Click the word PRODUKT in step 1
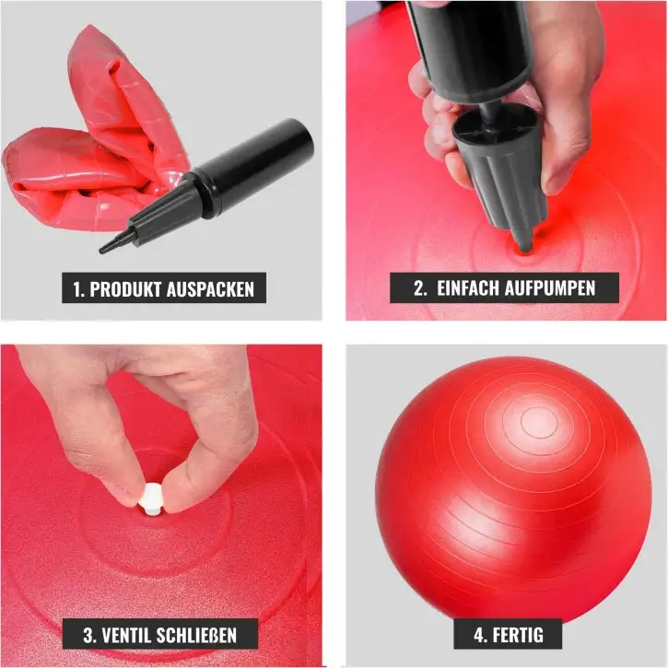point(126,289)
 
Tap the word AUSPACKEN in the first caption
point(210,289)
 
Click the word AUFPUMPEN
point(549,288)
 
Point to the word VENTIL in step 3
point(126,636)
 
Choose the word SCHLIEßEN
point(196,636)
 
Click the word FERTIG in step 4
point(518,635)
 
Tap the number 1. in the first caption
point(79,289)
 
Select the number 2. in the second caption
point(420,288)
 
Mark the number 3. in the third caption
point(90,636)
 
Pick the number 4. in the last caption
point(481,635)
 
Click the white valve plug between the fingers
point(151,499)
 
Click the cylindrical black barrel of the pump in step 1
point(255,166)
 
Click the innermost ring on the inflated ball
point(539,423)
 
